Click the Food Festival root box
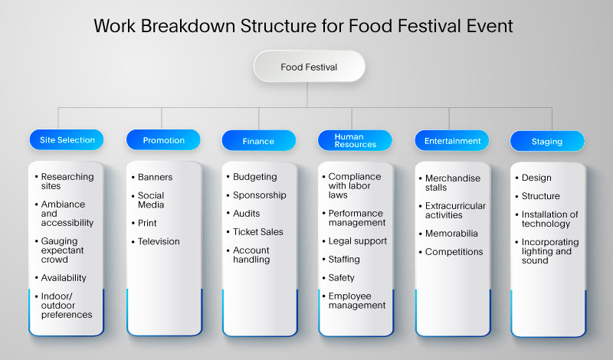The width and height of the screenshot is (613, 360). (x=309, y=67)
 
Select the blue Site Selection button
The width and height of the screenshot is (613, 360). (x=67, y=140)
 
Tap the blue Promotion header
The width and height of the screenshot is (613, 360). (x=163, y=140)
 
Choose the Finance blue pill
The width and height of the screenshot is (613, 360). (x=259, y=141)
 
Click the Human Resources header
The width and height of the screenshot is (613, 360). (x=355, y=140)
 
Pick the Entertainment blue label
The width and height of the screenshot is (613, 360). (x=452, y=141)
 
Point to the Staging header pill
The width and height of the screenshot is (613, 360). (x=546, y=141)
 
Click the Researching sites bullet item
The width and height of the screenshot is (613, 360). (x=67, y=182)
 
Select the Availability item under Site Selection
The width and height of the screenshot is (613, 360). (x=64, y=278)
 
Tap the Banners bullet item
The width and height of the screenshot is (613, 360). (x=155, y=177)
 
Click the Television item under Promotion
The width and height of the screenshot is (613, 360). (x=159, y=241)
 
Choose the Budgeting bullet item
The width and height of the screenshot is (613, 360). (x=255, y=177)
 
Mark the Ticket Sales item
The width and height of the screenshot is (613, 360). (x=258, y=232)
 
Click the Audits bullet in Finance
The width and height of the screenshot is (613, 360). (x=247, y=214)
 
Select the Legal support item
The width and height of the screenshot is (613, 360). (x=358, y=241)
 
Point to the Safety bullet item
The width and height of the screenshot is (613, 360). (x=342, y=278)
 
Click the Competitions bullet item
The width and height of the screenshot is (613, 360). (x=454, y=252)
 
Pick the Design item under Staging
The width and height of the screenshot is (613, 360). (x=536, y=178)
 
